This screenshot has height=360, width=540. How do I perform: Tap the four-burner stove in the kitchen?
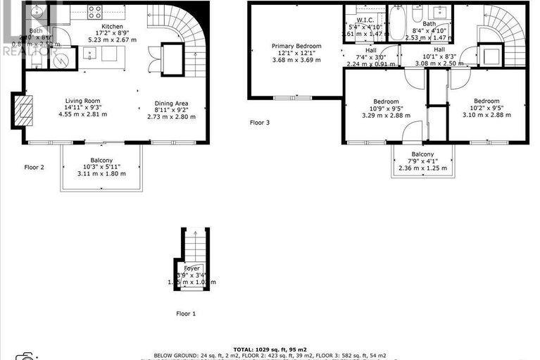coord(94,11)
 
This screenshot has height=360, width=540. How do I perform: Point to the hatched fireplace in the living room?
coord(24,111)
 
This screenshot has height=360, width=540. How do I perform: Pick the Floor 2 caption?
coord(34,167)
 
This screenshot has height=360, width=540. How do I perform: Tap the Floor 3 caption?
coord(260,123)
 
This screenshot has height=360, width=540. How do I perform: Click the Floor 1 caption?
coord(186,313)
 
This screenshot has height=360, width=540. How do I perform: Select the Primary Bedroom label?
coord(296,46)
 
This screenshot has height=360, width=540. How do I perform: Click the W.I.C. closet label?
coord(365,20)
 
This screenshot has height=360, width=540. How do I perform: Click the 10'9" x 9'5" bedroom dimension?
coord(385,109)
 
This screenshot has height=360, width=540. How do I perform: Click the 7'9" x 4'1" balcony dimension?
coord(422,161)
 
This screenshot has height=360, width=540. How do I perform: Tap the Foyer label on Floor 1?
coord(191,268)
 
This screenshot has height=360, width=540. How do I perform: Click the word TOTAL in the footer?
coord(247,348)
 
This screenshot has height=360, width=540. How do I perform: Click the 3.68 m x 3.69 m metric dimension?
coord(296,60)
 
